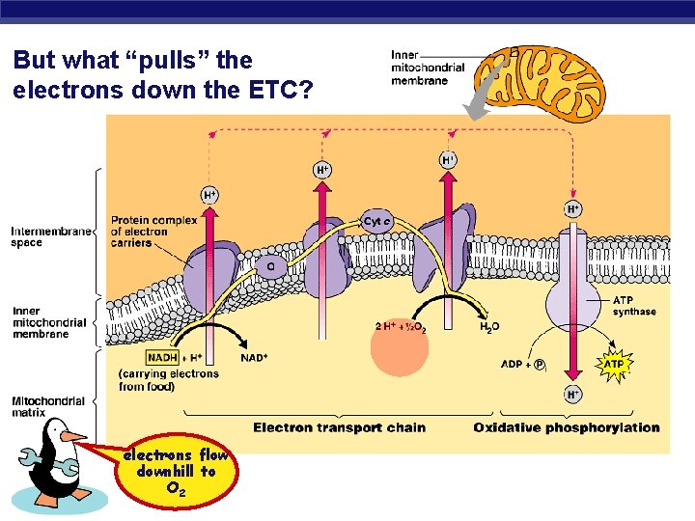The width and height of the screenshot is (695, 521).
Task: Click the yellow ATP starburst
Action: point(614,365)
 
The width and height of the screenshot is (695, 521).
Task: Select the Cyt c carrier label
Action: point(376,221)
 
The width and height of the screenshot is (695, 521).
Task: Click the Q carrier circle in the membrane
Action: point(270,265)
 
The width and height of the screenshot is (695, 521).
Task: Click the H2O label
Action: point(490,327)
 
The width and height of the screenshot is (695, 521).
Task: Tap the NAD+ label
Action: point(254,358)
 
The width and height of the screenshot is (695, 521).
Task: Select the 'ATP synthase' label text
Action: point(634,306)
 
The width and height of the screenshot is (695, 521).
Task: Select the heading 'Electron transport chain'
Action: point(339,427)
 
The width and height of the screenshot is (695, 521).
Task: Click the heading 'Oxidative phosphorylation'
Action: point(567,427)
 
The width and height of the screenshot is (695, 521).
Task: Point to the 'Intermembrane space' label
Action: point(51,236)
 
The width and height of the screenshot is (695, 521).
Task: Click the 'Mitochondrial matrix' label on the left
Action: point(49,406)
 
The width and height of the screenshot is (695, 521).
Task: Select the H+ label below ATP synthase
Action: point(572,394)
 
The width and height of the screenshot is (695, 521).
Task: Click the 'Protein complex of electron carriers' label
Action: point(153,232)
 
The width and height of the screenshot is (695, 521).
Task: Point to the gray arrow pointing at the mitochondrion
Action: point(488,92)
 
